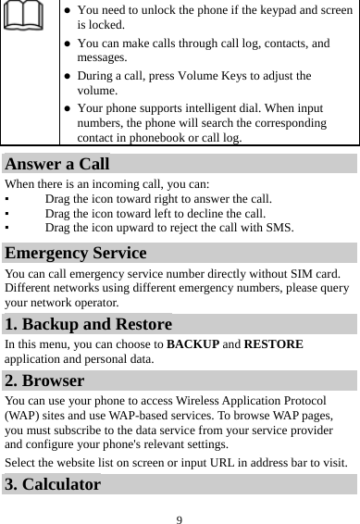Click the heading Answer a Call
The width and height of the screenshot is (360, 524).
tap(57, 166)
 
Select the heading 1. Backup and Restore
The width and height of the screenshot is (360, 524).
tap(88, 324)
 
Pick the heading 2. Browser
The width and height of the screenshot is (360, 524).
tap(44, 380)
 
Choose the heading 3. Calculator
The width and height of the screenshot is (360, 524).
tap(53, 483)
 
